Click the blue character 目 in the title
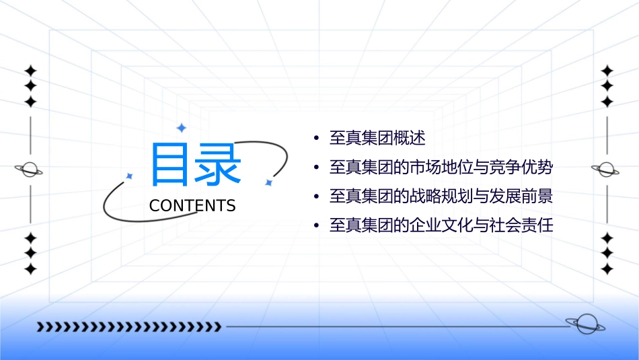pyautogui.click(x=170, y=164)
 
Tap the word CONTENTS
pyautogui.click(x=192, y=205)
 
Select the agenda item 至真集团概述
pyautogui.click(x=377, y=139)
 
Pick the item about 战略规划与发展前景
pyautogui.click(x=441, y=196)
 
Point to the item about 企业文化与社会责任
pyautogui.click(x=441, y=225)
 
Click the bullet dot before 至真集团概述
pyautogui.click(x=315, y=139)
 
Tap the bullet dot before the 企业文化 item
pyautogui.click(x=315, y=226)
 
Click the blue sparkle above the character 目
pyautogui.click(x=180, y=127)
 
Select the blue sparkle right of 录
pyautogui.click(x=268, y=182)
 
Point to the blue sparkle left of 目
pyautogui.click(x=130, y=176)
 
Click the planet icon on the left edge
pyautogui.click(x=30, y=170)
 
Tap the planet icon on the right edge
pyautogui.click(x=607, y=170)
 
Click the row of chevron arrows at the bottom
pyautogui.click(x=129, y=327)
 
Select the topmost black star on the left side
pyautogui.click(x=30, y=71)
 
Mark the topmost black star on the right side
pyautogui.click(x=607, y=71)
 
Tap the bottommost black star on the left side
pyautogui.click(x=30, y=269)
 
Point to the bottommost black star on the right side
pyautogui.click(x=607, y=269)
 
